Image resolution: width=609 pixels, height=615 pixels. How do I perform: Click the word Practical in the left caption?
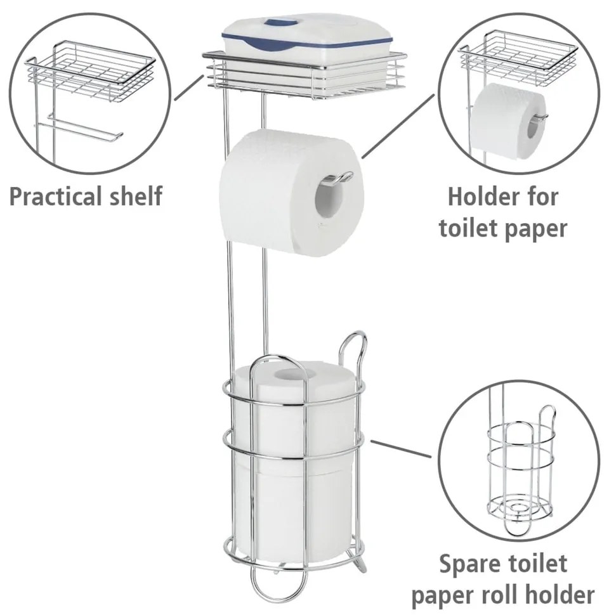[x=56, y=196]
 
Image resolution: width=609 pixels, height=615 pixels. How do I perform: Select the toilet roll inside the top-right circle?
[x=509, y=122]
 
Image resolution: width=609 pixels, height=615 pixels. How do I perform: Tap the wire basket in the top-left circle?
[x=90, y=72]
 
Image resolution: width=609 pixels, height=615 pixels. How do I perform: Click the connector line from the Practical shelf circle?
[x=189, y=87]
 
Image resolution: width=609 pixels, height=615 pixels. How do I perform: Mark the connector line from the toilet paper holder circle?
[x=398, y=126]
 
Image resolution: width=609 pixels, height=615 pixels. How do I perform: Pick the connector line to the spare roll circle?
[x=401, y=448]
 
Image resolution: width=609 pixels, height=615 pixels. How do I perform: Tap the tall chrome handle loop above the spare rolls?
[x=352, y=353]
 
